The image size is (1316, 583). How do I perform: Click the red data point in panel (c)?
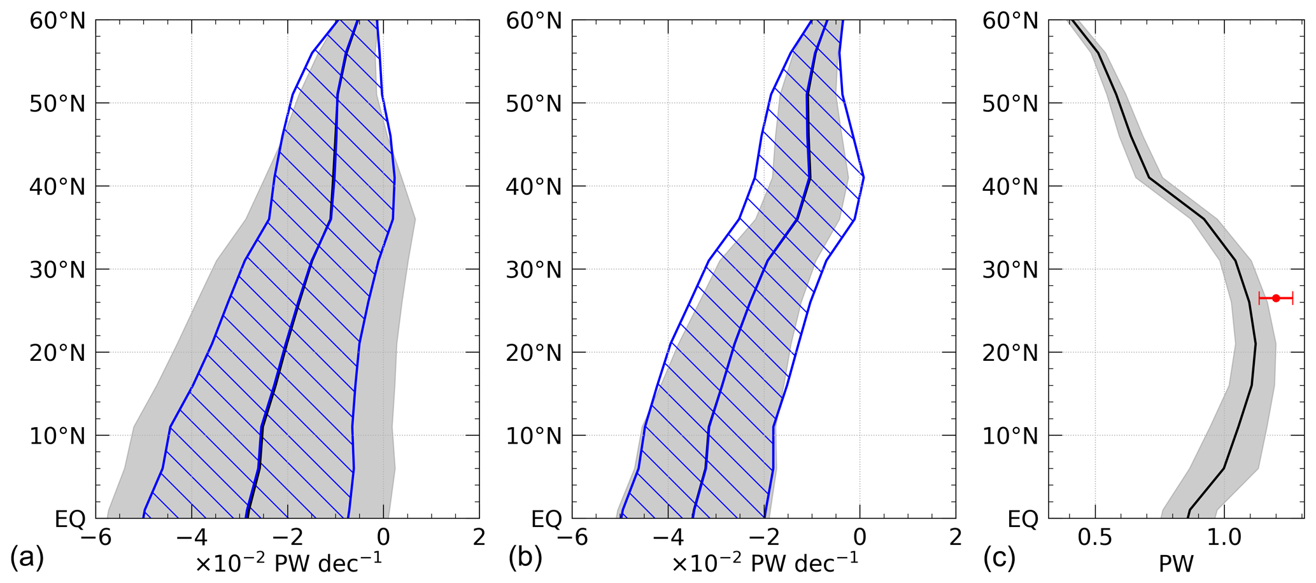1276,298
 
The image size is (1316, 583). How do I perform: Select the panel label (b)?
525,559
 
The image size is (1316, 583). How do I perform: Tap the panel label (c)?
999,559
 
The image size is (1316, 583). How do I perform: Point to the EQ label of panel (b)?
547,519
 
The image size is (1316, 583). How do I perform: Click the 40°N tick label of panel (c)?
1010,187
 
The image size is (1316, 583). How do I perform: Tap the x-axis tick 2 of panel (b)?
955,538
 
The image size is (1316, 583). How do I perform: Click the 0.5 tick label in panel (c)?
1095,538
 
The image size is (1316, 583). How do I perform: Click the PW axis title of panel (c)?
1176,564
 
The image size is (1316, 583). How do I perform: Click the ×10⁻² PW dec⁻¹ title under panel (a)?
288,563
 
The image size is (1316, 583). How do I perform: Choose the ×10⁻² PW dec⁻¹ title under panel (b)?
765,563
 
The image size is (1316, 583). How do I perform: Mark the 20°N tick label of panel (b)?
534,353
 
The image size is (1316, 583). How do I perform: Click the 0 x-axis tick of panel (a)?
383,538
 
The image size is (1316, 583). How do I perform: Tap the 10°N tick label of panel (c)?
1010,437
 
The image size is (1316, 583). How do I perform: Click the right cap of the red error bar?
1292,298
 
